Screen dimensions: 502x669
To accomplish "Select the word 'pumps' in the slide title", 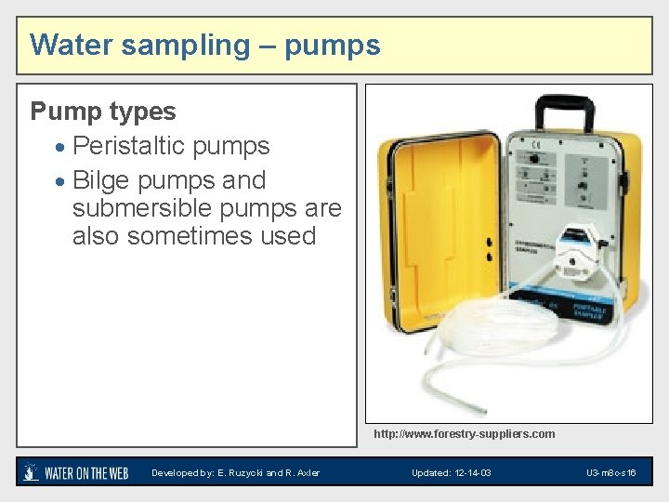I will (334, 46).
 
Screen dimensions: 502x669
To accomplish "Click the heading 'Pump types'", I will (103, 112).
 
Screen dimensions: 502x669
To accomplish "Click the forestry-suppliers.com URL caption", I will (464, 434).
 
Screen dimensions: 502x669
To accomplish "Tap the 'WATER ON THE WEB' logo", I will (76, 473).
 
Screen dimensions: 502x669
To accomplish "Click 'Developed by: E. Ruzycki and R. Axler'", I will (235, 473).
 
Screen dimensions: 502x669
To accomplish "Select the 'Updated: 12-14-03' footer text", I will (451, 473).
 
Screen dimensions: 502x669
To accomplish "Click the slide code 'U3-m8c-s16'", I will (610, 473).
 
